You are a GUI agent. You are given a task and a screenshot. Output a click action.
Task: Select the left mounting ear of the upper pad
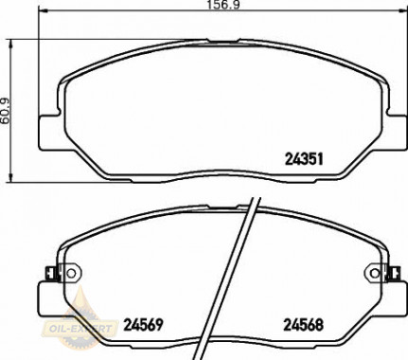46,129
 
